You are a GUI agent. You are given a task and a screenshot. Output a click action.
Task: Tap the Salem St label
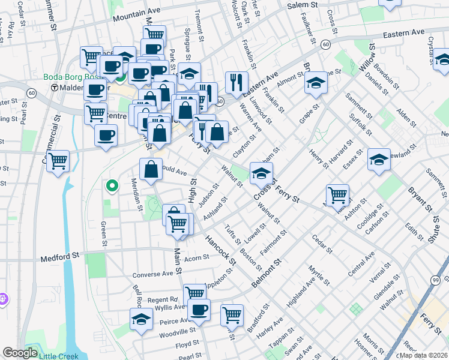301,5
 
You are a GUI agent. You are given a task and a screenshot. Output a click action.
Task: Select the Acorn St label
196,258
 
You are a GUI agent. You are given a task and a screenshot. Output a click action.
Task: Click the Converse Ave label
152,274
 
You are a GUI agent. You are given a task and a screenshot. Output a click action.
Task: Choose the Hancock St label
220,247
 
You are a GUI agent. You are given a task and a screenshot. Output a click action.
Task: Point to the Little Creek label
58,356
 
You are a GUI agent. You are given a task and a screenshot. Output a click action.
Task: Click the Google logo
19,353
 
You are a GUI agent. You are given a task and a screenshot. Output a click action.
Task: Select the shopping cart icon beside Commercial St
58,160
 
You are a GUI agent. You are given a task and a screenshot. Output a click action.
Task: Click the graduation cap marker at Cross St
261,173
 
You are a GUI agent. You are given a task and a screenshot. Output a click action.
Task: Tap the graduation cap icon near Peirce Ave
141,319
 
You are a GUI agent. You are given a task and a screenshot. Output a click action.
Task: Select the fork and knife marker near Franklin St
237,82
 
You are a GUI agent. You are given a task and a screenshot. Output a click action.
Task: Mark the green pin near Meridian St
111,186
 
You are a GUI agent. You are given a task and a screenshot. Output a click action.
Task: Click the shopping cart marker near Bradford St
232,314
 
